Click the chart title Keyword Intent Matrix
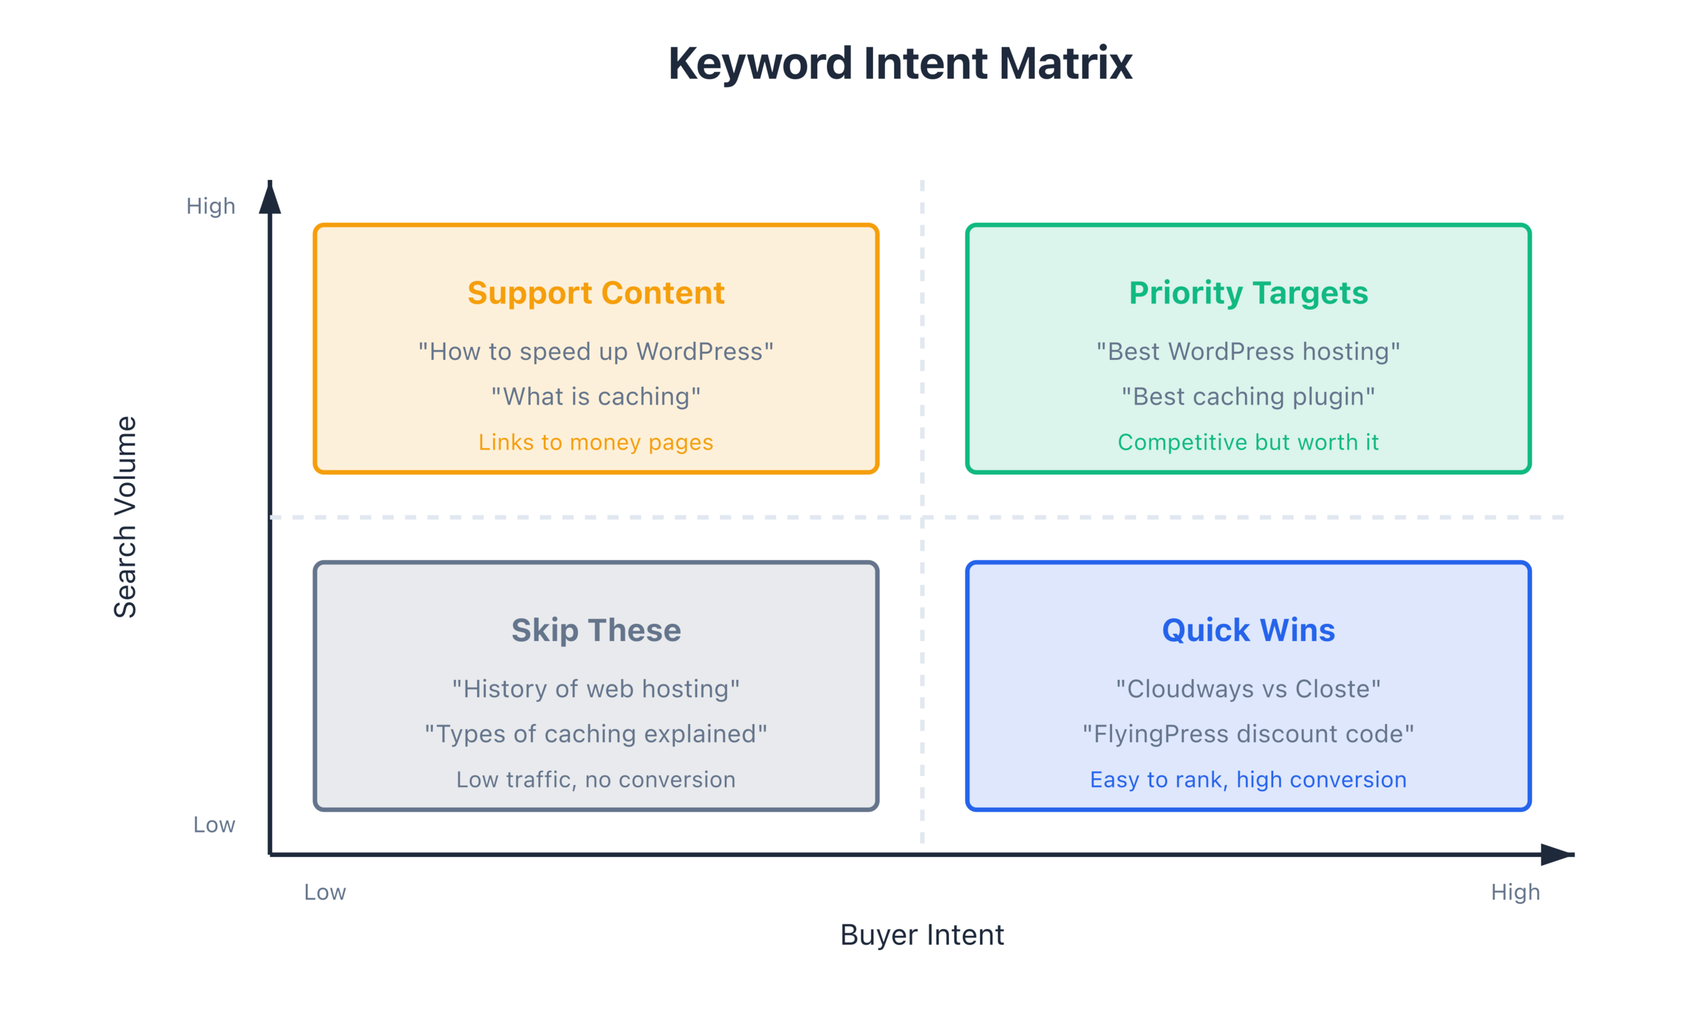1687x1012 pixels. pos(900,63)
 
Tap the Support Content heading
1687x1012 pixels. pos(595,293)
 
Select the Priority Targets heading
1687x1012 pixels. pos(1248,293)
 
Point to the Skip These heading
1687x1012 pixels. pos(595,630)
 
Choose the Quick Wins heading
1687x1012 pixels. pos(1248,630)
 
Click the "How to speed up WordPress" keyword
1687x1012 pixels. pos(595,352)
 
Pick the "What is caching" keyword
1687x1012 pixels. pos(595,397)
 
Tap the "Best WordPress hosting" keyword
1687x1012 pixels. pos(1248,352)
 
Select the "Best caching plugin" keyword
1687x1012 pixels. pos(1248,397)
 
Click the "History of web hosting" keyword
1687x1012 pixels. pos(595,689)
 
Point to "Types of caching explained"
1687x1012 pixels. pos(595,734)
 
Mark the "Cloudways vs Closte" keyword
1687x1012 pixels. pos(1248,689)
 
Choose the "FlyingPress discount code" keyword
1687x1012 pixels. pos(1248,734)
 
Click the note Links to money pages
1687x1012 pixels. pos(595,443)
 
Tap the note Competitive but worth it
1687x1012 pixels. pos(1248,443)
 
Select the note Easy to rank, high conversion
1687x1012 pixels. pos(1248,779)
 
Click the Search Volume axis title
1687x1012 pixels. pos(125,517)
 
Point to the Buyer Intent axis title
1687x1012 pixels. pos(922,935)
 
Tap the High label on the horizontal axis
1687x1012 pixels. pos(1515,892)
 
